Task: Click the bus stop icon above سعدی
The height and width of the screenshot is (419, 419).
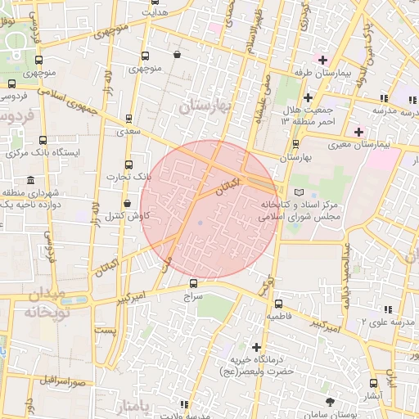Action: pyautogui.click(x=128, y=119)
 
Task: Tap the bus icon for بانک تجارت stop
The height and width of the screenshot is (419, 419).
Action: pyautogui.click(x=129, y=164)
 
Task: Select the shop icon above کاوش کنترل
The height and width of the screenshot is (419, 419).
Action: pyautogui.click(x=127, y=204)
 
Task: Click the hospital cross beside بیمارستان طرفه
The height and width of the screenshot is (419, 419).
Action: pyautogui.click(x=323, y=60)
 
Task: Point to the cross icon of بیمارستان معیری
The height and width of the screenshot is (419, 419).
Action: pyautogui.click(x=358, y=131)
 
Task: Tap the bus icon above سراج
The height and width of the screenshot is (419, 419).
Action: pyautogui.click(x=194, y=282)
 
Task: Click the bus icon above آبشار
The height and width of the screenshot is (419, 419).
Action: pyautogui.click(x=374, y=383)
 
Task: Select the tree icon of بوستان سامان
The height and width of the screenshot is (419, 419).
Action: pyautogui.click(x=331, y=401)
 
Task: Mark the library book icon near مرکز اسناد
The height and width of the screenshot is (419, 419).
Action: pyautogui.click(x=296, y=191)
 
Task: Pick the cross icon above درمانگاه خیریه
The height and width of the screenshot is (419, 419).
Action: pyautogui.click(x=257, y=348)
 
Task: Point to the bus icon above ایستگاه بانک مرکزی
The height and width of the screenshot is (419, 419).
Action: pyautogui.click(x=43, y=141)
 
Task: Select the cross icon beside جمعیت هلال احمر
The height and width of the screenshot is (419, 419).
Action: pyautogui.click(x=307, y=98)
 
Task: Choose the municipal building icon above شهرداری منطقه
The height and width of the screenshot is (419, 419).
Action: pyautogui.click(x=30, y=180)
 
